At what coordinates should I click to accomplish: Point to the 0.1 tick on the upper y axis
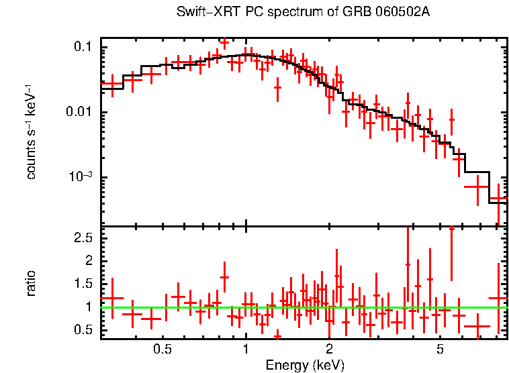[x=83, y=47]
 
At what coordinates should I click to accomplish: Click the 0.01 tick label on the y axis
[x=80, y=112]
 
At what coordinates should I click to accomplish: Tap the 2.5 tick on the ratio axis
[x=84, y=237]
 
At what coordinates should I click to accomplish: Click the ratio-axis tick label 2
[x=89, y=260]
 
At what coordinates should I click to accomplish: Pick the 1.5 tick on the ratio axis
[x=84, y=284]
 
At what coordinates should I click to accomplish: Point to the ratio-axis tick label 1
[x=89, y=307]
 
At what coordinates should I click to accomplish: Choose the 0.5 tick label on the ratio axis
[x=84, y=330]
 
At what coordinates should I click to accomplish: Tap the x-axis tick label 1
[x=246, y=350]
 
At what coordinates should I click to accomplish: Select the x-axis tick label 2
[x=330, y=350]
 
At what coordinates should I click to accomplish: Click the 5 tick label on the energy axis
[x=440, y=350]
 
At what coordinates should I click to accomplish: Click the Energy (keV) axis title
[x=305, y=365]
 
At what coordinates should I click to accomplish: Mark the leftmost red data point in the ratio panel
[x=112, y=297]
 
